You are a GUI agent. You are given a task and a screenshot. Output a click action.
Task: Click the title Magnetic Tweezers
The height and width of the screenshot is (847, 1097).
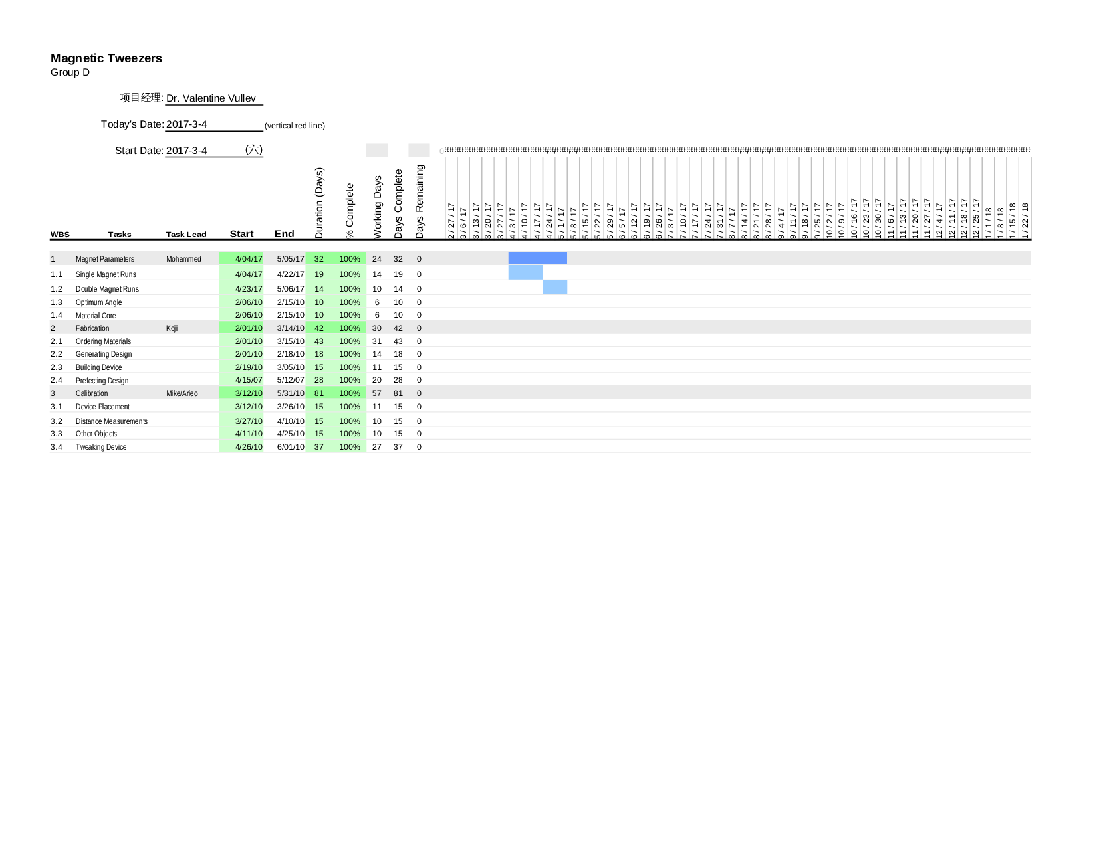(x=106, y=58)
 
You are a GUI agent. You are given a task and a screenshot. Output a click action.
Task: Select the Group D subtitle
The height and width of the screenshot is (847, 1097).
(x=70, y=72)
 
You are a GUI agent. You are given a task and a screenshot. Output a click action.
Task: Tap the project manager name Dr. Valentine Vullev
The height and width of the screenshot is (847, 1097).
(x=211, y=98)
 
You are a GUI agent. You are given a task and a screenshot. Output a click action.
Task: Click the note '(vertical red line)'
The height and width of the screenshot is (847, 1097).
(x=295, y=126)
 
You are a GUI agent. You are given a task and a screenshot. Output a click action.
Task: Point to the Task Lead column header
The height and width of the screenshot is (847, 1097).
(x=186, y=235)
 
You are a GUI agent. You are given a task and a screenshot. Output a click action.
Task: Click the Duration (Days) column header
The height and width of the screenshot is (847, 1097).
(x=319, y=203)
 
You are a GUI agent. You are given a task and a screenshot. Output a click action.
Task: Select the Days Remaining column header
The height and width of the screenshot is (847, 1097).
(x=420, y=201)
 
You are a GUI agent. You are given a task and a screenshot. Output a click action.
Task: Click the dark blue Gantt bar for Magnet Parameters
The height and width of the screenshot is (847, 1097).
(x=537, y=258)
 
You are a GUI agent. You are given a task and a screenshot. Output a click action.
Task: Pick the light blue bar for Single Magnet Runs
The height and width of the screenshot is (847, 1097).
(x=525, y=272)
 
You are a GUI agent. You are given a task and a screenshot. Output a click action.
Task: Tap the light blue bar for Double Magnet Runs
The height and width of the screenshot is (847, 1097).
(x=555, y=287)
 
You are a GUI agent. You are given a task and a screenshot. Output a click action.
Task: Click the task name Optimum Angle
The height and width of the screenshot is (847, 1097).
(x=98, y=302)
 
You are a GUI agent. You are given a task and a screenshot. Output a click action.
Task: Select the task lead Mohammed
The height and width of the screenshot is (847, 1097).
(x=183, y=259)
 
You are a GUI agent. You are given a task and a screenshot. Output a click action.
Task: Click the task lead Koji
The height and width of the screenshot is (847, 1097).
(x=172, y=328)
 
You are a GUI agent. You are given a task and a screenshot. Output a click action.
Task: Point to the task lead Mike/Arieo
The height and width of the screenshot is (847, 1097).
(x=182, y=393)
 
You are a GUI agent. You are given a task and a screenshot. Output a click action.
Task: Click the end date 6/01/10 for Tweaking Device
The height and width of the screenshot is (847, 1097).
(x=291, y=447)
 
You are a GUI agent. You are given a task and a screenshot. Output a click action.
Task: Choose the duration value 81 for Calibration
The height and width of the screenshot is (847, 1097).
(x=319, y=393)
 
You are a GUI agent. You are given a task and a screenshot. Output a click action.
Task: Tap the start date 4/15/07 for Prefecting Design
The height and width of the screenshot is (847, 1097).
(x=249, y=380)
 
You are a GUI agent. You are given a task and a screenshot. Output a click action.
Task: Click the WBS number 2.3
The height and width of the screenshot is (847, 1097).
(x=57, y=367)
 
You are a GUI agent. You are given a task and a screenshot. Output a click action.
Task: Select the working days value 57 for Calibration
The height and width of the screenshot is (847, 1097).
(x=377, y=393)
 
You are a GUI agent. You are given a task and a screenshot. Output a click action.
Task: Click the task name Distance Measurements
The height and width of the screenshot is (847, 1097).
(x=111, y=421)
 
